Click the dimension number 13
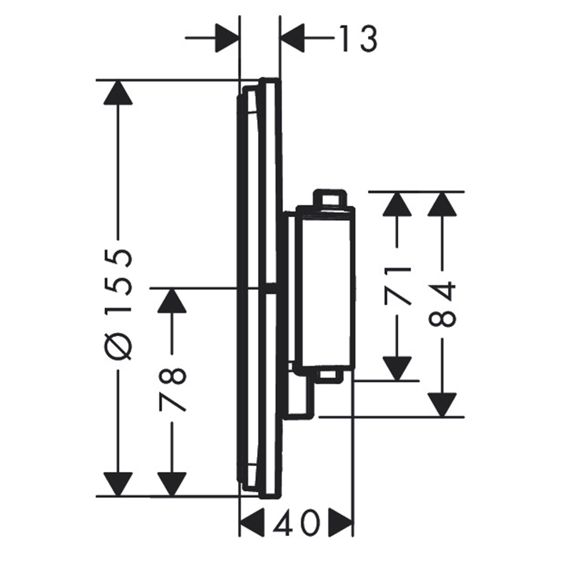point(358,38)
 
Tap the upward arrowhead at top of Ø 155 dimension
point(118,93)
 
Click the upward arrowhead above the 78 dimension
point(172,301)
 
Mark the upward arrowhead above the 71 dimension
point(397,205)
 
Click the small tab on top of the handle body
point(330,198)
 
